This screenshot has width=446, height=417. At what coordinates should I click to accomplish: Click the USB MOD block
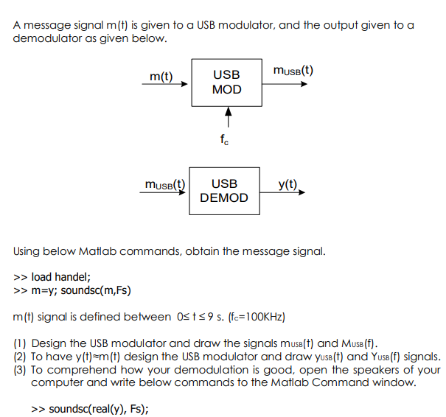point(226,83)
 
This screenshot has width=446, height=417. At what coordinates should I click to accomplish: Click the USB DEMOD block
point(224,191)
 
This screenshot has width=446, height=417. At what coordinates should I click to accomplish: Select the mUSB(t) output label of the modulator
point(293,71)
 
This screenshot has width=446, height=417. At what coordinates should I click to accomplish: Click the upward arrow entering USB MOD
point(228,117)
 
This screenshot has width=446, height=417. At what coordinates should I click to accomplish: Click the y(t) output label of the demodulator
point(288,183)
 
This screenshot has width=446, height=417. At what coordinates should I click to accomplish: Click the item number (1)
point(21,343)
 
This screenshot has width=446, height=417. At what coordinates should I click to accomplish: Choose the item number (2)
point(21,356)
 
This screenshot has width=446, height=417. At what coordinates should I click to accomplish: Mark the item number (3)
point(21,369)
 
